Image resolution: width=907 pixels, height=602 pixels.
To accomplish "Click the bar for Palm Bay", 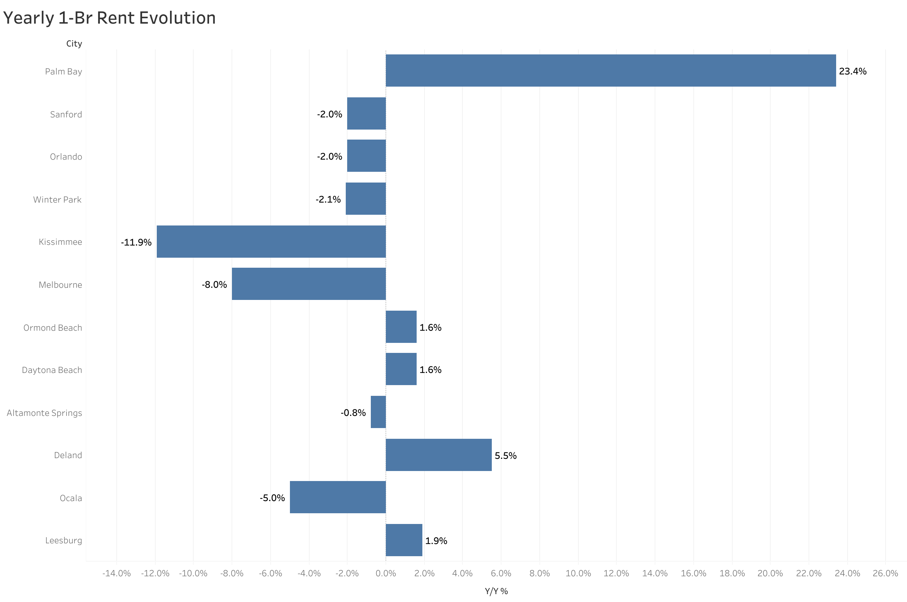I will coord(610,70).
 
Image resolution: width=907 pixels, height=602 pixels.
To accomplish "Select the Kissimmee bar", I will coord(271,242).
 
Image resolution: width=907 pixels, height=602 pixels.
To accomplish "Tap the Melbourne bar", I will coord(309,284).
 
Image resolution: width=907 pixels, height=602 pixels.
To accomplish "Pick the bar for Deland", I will coord(438,455).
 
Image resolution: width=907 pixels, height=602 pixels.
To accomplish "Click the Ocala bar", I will coord(338,497).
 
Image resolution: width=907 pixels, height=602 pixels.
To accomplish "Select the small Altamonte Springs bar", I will coord(378,412).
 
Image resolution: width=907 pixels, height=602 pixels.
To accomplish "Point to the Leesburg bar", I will coord(404,540).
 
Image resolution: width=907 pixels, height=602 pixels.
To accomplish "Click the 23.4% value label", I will coord(853,72).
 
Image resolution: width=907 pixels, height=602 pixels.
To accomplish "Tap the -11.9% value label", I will coord(136,242).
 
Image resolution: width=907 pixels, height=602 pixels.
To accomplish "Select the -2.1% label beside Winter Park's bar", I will coord(328,199).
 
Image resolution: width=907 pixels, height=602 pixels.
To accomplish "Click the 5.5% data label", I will coord(505,456).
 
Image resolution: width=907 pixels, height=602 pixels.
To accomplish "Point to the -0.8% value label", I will coord(353,413).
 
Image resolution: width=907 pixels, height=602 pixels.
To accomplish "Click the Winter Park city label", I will coord(57,200).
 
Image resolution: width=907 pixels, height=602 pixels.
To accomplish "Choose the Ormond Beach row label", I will coord(53,328).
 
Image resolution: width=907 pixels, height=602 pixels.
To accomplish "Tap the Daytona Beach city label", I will coord(52,370).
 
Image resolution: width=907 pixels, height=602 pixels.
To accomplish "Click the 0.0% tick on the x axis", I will coord(386,574).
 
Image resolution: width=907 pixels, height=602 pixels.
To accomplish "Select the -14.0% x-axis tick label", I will coord(116,574).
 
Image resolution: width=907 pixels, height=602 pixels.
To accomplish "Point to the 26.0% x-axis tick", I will coord(885,574).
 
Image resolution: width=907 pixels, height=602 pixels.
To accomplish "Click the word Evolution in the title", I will coord(177,18).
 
